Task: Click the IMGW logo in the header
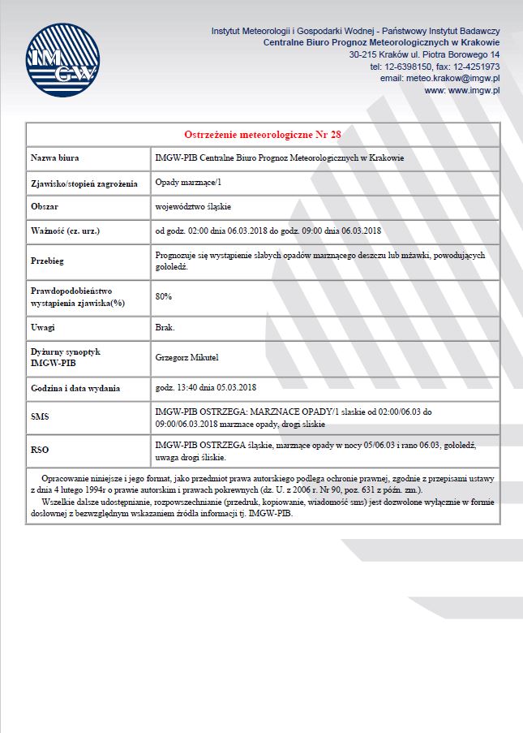pyautogui.click(x=63, y=62)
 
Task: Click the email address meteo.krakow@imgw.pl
pyautogui.click(x=439, y=78)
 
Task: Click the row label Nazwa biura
pyautogui.click(x=55, y=157)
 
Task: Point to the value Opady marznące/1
pyautogui.click(x=187, y=183)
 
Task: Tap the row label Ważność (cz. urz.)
pyautogui.click(x=65, y=231)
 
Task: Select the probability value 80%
pyautogui.click(x=163, y=296)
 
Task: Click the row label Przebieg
pyautogui.click(x=47, y=261)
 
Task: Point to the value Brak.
pyautogui.click(x=165, y=327)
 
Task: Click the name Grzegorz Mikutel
pyautogui.click(x=186, y=356)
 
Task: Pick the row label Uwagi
pyautogui.click(x=42, y=327)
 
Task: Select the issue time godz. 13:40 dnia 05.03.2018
pyautogui.click(x=205, y=386)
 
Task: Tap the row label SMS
pyautogui.click(x=40, y=416)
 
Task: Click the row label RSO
pyautogui.click(x=40, y=447)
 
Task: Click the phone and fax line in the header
pyautogui.click(x=434, y=66)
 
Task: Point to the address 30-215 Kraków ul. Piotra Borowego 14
pyautogui.click(x=424, y=54)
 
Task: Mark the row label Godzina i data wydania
pyautogui.click(x=74, y=387)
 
